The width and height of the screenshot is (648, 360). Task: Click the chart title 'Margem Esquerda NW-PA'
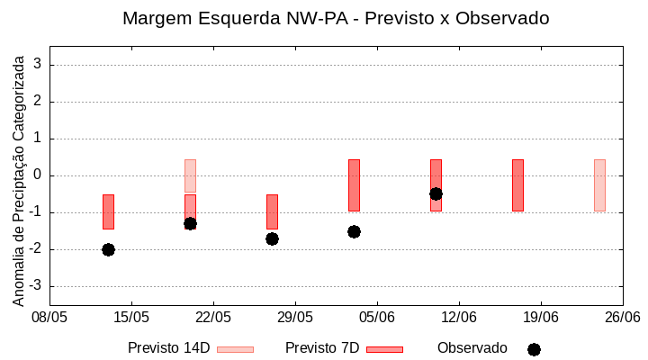[336, 18]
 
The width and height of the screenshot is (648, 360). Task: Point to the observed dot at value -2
[108, 249]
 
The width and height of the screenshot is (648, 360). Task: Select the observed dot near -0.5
[436, 193]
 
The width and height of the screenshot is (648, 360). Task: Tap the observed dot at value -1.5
[354, 231]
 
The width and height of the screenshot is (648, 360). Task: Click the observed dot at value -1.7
[272, 238]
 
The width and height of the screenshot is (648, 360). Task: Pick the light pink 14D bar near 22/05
[190, 175]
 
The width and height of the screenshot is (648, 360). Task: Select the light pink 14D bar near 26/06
[599, 184]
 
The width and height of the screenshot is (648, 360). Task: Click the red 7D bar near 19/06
[517, 184]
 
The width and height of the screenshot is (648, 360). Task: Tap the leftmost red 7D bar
[108, 211]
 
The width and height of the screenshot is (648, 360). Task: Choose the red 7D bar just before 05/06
[354, 184]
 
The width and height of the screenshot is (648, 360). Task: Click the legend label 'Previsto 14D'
[168, 348]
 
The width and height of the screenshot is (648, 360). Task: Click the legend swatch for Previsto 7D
[384, 349]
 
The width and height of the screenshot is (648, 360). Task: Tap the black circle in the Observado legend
[534, 349]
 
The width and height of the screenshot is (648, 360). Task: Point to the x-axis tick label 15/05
[131, 317]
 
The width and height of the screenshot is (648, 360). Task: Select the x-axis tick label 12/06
[459, 317]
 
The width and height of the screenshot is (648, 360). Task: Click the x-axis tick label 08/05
[49, 317]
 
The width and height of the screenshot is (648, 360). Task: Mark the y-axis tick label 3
[38, 65]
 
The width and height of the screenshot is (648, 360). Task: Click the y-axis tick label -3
[35, 286]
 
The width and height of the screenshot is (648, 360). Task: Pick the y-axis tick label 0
[38, 175]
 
